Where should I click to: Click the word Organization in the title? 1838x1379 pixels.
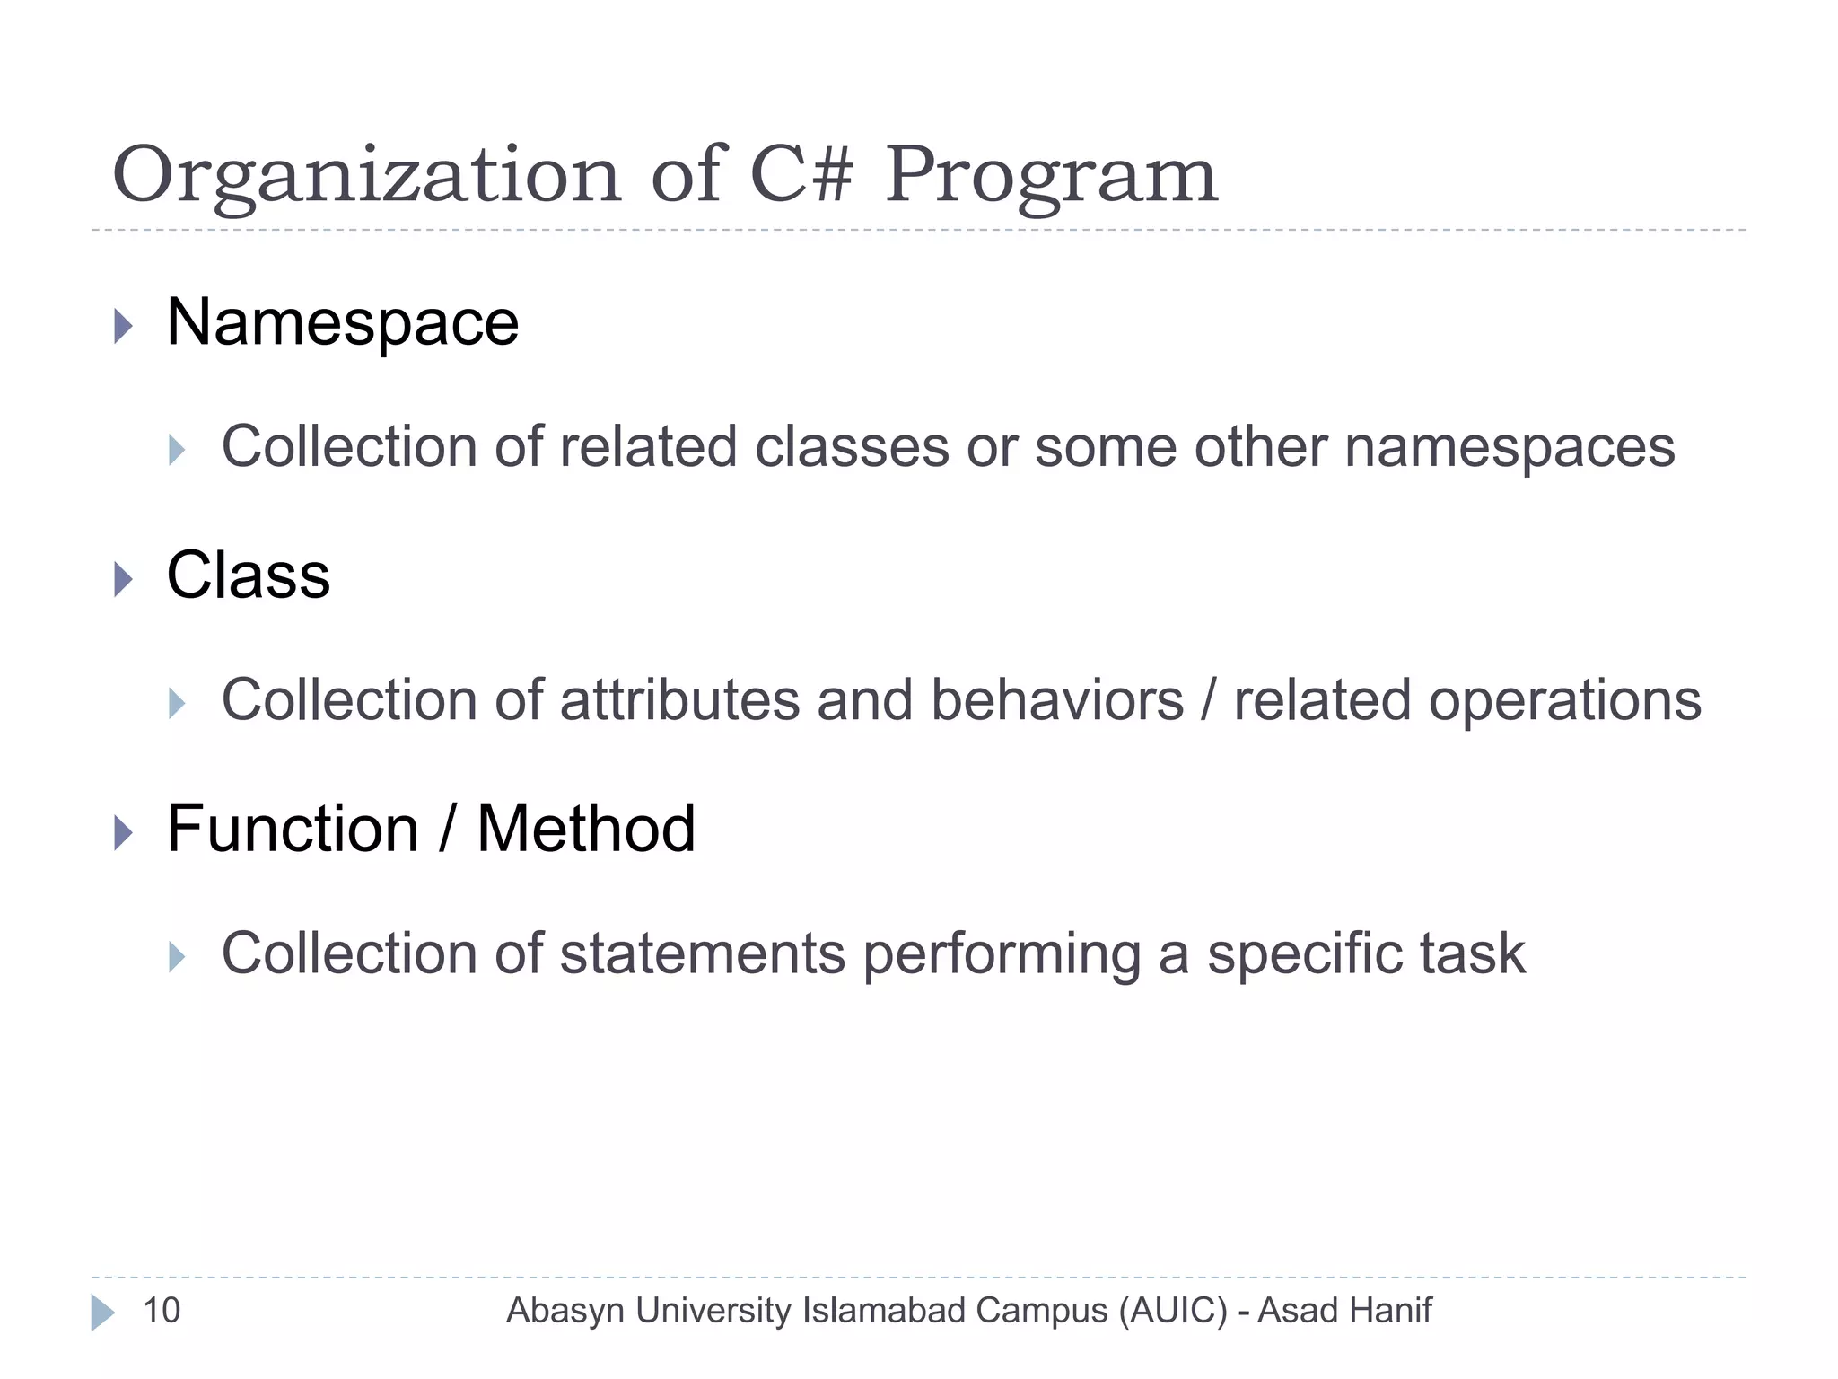point(366,177)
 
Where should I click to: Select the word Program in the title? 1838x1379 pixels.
point(1051,177)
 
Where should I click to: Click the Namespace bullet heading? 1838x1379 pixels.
point(342,322)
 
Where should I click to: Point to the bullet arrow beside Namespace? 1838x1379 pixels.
point(124,326)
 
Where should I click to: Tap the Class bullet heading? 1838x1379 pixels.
point(249,575)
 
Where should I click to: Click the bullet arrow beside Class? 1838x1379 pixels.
point(124,579)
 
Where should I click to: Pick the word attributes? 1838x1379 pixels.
point(679,700)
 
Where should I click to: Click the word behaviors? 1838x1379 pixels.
point(1057,700)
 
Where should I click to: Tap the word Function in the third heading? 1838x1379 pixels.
point(293,829)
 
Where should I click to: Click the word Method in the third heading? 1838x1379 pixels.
point(586,829)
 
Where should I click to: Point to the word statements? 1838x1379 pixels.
point(702,953)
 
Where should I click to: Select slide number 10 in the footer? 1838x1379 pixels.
point(162,1311)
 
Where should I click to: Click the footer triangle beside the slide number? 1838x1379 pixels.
point(102,1313)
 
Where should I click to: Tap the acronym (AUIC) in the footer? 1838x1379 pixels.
point(1172,1312)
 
